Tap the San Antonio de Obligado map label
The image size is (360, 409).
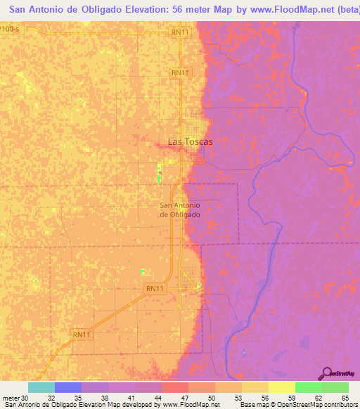point(181,209)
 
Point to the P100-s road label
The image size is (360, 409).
point(9,28)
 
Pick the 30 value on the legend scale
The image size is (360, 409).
point(25,398)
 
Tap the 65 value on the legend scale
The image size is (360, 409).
point(344,398)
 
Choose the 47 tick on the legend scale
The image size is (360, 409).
point(184,398)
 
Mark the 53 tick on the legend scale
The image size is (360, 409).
point(238,398)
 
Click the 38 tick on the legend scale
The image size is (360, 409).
point(104,398)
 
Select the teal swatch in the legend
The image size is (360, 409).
point(41,387)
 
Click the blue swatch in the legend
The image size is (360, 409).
point(68,387)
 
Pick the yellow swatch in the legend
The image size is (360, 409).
point(281,387)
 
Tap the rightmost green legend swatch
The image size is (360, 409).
point(335,387)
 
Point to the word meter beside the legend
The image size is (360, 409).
point(11,398)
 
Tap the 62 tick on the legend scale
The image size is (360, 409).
point(317,398)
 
